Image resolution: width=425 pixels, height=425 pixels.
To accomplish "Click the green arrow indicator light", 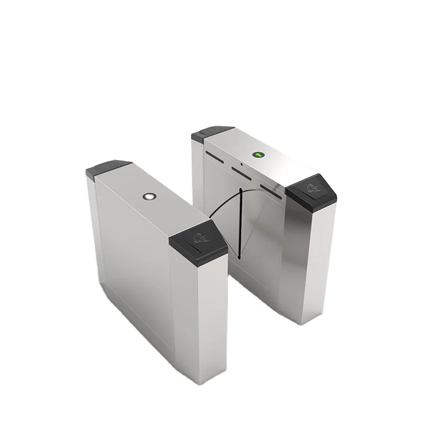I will coord(259,154).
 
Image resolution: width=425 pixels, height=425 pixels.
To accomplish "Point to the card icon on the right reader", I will coord(313,186).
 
